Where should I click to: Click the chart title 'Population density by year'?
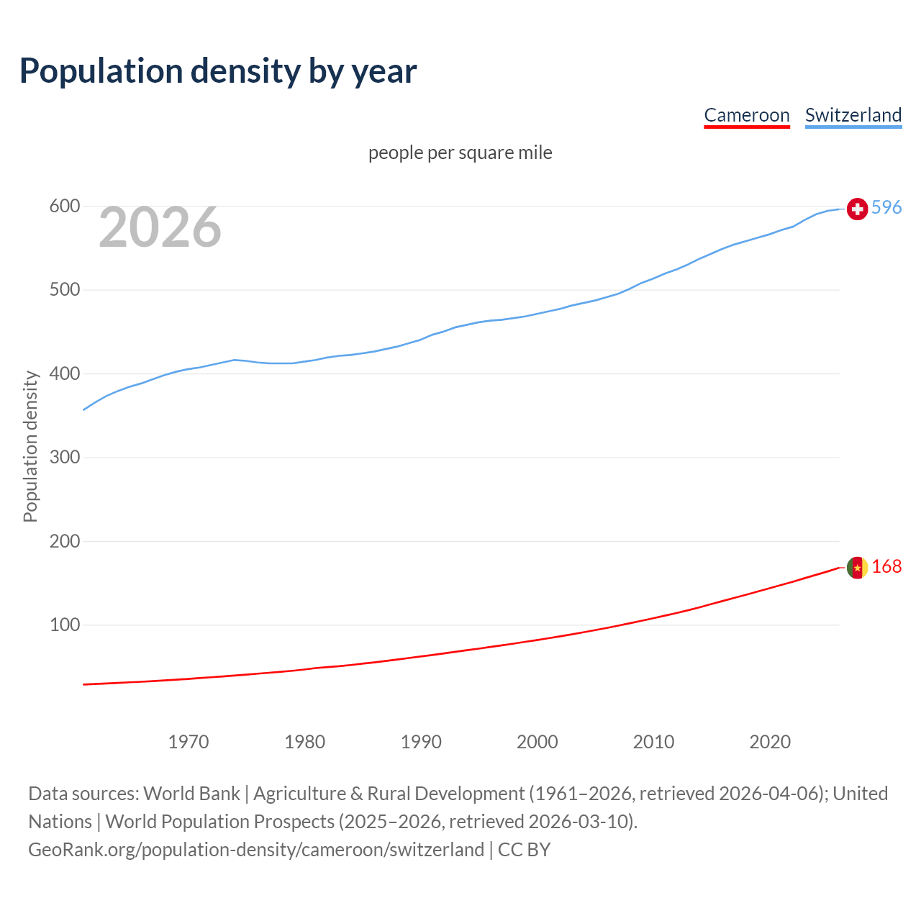218,71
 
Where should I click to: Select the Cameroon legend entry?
746,115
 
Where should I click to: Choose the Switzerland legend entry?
853,115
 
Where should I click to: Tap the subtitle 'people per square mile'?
460,153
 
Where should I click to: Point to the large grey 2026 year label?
160,227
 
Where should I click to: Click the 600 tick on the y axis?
64,207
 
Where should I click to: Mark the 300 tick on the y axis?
64,458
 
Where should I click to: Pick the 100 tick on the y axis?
64,625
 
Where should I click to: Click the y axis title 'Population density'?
30,446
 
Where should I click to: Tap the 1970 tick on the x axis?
189,741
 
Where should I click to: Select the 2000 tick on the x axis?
537,741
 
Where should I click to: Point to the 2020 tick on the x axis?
770,741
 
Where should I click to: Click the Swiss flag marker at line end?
857,209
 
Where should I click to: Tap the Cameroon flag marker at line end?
857,568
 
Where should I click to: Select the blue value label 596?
886,207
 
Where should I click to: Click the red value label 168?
886,566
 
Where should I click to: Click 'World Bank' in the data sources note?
191,794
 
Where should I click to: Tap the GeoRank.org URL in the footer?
256,850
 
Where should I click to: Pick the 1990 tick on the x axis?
421,741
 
